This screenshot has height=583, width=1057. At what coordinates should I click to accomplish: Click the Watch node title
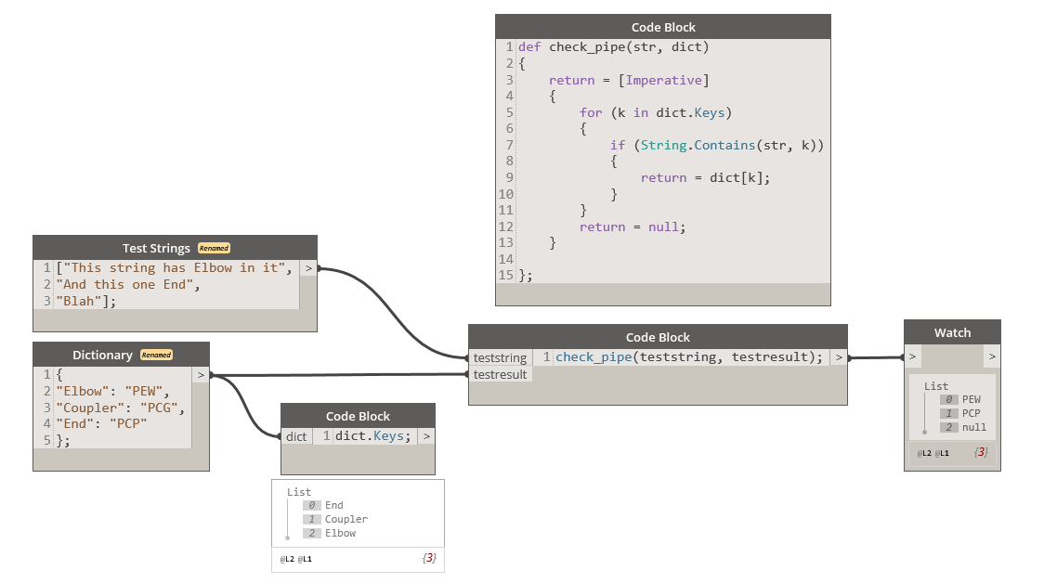click(x=952, y=332)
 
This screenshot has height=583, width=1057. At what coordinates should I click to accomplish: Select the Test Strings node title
click(x=156, y=248)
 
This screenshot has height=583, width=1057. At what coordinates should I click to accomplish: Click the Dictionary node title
click(x=102, y=355)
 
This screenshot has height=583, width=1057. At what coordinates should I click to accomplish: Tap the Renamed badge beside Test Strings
click(x=214, y=248)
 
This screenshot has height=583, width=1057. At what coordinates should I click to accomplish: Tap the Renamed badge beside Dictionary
click(x=156, y=355)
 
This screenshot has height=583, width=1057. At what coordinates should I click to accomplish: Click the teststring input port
click(x=500, y=357)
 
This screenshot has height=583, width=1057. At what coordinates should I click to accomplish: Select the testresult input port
click(x=500, y=374)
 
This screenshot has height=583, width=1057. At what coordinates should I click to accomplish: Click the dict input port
click(x=296, y=436)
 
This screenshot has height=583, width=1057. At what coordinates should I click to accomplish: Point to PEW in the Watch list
click(x=972, y=399)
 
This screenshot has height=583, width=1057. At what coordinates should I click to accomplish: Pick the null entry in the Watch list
click(x=974, y=427)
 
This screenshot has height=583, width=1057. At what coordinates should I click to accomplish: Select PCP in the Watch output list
click(x=972, y=413)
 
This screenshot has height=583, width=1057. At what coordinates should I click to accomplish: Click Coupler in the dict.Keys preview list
click(x=346, y=519)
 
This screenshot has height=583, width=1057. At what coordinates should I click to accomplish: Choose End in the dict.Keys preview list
click(x=334, y=505)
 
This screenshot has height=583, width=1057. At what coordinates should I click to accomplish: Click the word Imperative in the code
click(x=666, y=80)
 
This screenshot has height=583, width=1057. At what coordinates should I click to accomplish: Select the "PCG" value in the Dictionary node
click(x=164, y=408)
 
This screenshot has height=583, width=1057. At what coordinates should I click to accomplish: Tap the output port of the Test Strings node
click(x=308, y=268)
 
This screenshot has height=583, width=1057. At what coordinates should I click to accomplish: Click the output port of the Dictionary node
click(x=201, y=375)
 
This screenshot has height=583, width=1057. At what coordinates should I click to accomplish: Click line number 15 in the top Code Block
click(x=506, y=275)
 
